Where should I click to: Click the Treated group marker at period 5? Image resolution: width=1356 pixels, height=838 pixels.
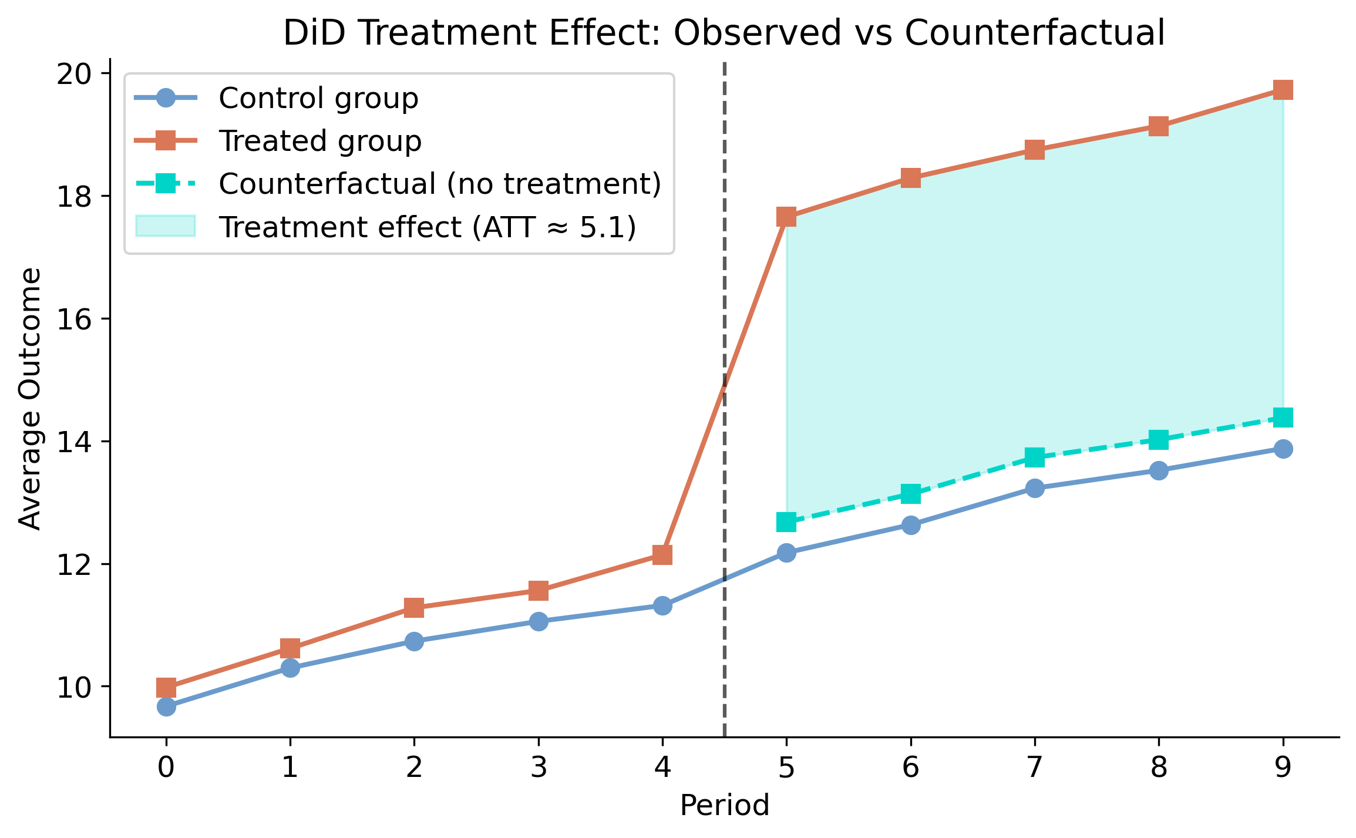point(786,217)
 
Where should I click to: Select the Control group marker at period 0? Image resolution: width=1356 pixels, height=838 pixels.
point(166,706)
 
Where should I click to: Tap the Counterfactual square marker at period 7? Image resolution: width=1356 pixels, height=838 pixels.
point(1034,457)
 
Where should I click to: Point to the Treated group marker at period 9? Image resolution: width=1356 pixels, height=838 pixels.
point(1283,90)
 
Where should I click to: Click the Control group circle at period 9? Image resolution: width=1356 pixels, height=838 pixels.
point(1283,449)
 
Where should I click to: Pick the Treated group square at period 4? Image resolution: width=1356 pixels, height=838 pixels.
point(662,554)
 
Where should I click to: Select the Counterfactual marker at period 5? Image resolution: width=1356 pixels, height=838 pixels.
point(786,521)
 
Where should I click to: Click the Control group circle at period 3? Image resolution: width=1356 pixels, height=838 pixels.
point(539,621)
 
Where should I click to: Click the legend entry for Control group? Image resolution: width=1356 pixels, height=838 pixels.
point(318,98)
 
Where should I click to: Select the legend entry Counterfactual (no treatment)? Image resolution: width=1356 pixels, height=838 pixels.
point(439,184)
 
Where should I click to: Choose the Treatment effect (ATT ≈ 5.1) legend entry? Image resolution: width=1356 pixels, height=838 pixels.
point(427,227)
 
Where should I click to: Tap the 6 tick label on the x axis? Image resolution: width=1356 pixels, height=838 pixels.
point(910,768)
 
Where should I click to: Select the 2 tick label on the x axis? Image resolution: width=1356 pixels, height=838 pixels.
point(414,768)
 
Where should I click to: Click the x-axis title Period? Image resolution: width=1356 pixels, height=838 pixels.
point(724,805)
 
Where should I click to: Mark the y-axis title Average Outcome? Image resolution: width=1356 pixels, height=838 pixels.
point(29,398)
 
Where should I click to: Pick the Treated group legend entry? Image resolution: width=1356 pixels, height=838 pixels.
point(319,141)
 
